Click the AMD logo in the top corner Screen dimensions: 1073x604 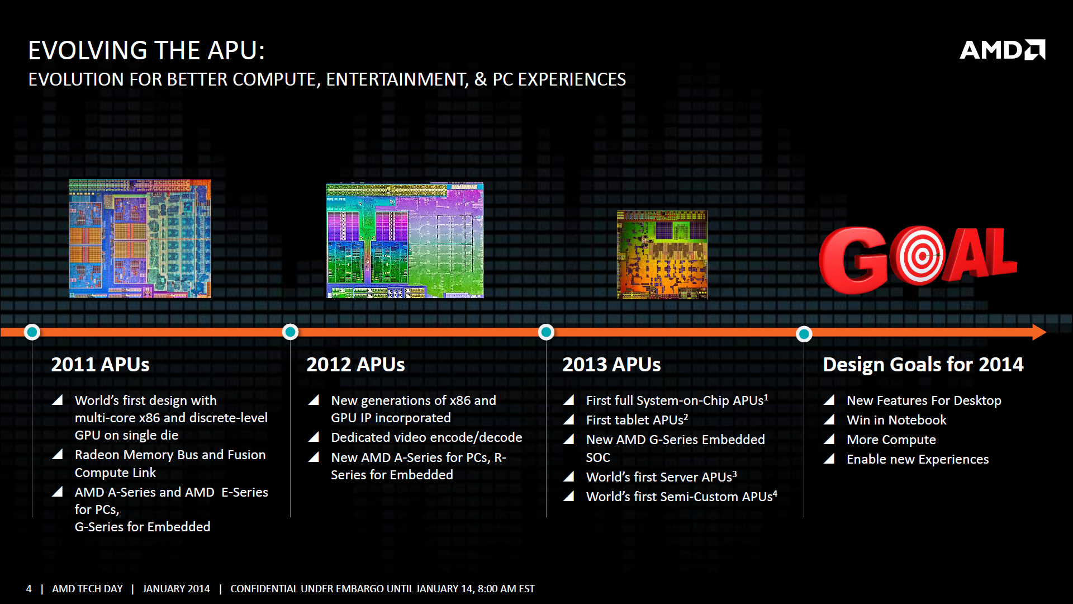(x=1002, y=50)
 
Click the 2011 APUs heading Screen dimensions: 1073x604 (x=101, y=365)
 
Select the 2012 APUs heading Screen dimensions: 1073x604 (x=355, y=365)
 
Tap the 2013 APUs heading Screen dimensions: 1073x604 (x=611, y=365)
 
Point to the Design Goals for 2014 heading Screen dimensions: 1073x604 (x=923, y=365)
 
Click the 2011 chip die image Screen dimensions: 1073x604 (x=140, y=238)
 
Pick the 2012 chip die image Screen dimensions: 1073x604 (x=405, y=240)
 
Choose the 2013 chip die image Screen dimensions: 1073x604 (x=662, y=254)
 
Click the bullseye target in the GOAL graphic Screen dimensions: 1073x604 (x=919, y=256)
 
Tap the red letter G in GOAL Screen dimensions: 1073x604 (x=853, y=260)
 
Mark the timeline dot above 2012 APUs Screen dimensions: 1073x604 (x=290, y=332)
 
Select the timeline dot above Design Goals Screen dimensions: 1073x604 (x=804, y=334)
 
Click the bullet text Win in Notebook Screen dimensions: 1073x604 (x=896, y=420)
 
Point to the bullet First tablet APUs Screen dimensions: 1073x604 (x=637, y=420)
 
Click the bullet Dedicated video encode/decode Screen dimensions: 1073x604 (x=426, y=437)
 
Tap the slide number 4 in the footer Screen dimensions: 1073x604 (x=29, y=589)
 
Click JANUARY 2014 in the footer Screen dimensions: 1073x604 (x=176, y=589)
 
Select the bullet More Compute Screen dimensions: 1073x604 (x=891, y=440)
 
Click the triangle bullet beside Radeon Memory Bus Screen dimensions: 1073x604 (x=57, y=454)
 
